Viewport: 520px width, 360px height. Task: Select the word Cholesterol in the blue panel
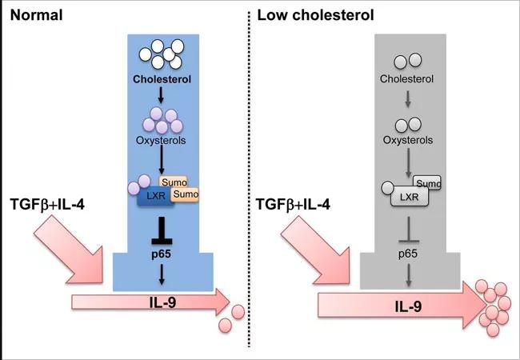[162, 80]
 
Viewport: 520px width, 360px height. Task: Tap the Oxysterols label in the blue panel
[162, 139]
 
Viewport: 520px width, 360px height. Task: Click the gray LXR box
[407, 196]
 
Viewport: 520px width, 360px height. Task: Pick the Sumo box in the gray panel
[429, 182]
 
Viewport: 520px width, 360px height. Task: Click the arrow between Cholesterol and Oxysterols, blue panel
[162, 96]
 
